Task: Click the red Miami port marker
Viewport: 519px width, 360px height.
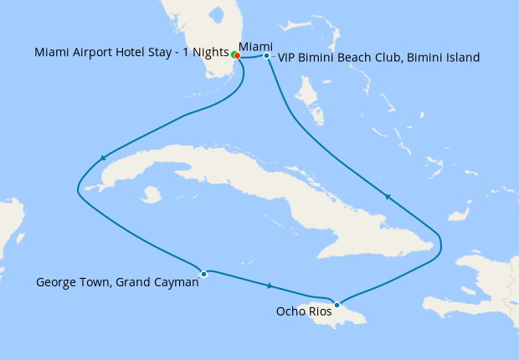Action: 238,56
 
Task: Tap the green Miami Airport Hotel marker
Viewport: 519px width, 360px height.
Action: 234,55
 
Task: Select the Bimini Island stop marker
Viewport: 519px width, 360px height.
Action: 266,56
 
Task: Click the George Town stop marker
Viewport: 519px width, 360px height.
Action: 203,273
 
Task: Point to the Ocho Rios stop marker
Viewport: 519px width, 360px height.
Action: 337,305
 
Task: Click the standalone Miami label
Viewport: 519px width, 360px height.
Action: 254,45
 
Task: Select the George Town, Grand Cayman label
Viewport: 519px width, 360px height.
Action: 117,283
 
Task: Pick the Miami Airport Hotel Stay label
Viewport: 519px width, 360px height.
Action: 131,54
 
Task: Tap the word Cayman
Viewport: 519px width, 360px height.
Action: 175,283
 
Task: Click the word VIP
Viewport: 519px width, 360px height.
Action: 287,58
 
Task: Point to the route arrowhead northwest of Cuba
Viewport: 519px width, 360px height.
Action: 103,157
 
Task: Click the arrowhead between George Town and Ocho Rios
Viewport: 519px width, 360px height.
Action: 269,286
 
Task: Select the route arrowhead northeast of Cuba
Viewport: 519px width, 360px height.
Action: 388,197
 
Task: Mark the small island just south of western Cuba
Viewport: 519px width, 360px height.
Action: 151,195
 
